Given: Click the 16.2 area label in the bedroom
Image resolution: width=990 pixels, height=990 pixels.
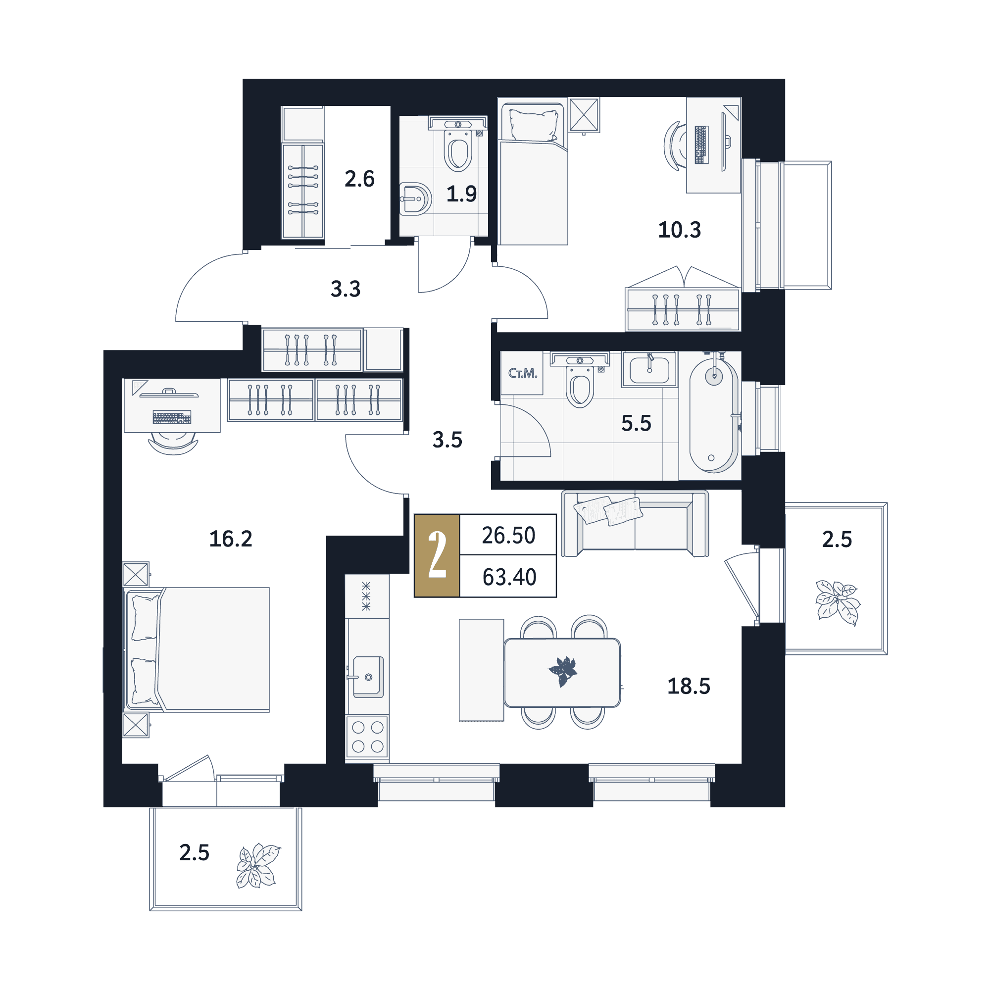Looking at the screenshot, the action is click(x=231, y=539).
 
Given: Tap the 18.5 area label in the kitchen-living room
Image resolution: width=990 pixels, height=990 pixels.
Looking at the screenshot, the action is click(x=688, y=686).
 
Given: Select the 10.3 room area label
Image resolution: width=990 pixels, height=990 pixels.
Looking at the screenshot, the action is click(x=679, y=230).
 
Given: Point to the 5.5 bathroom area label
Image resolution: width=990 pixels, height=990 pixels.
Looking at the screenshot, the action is click(x=636, y=423).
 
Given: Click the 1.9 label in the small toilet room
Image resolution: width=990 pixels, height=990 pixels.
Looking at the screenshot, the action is click(x=461, y=194).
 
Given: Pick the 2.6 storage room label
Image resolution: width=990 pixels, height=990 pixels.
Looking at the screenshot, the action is click(x=359, y=179).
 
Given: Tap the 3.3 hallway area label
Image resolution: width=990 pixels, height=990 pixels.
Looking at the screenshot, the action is click(x=346, y=289).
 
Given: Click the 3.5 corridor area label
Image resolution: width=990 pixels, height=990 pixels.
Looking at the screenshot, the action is click(x=447, y=440).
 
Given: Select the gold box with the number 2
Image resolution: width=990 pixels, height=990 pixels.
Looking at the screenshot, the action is click(x=437, y=555).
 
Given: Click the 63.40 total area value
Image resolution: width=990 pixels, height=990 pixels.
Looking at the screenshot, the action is click(x=509, y=578).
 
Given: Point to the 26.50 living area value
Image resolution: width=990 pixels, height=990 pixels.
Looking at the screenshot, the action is click(x=508, y=536).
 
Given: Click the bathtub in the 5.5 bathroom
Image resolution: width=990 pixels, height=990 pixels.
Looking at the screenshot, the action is click(x=713, y=416).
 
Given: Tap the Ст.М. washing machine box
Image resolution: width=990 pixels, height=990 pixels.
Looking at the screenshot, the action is click(x=522, y=373).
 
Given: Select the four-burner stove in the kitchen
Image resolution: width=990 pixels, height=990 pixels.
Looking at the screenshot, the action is click(x=367, y=737).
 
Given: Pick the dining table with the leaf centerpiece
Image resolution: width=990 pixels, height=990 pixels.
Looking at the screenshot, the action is click(x=562, y=672).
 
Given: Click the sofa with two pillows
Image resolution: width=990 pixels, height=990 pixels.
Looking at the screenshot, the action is click(x=635, y=523).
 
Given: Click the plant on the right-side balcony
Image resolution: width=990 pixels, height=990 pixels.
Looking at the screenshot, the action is click(x=838, y=602).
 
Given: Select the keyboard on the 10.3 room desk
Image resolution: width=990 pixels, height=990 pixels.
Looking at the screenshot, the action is click(x=701, y=145).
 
